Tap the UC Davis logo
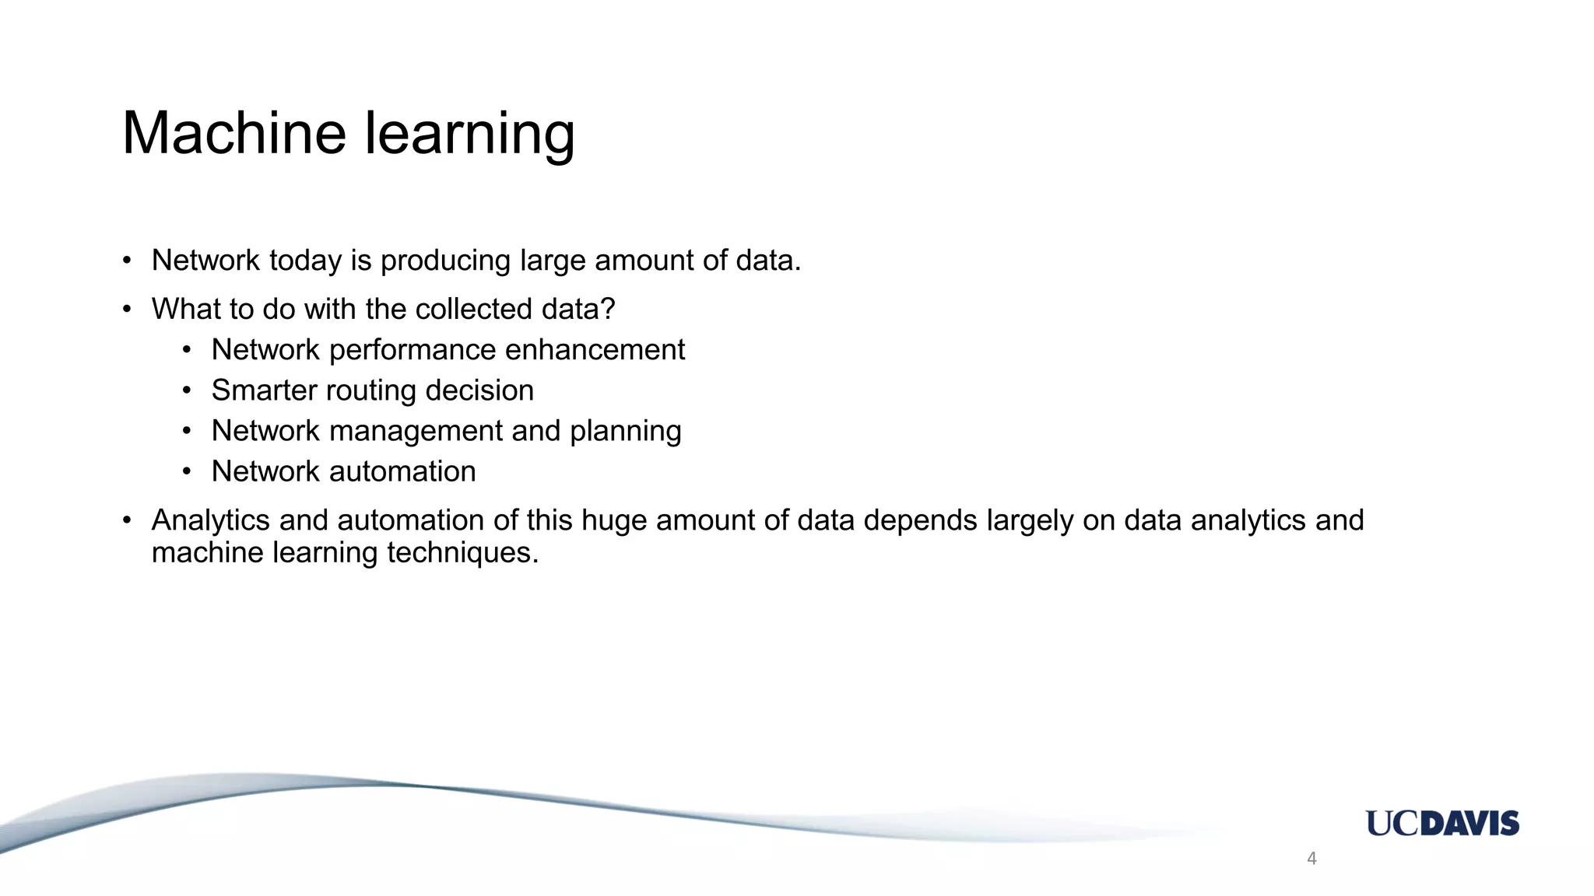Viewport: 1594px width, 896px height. pyautogui.click(x=1441, y=823)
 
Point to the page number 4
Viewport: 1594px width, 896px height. pyautogui.click(x=1311, y=859)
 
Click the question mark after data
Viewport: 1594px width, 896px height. pyautogui.click(x=609, y=309)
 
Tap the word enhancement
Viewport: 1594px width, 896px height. pyautogui.click(x=595, y=350)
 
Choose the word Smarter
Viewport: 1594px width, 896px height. pyautogui.click(x=263, y=390)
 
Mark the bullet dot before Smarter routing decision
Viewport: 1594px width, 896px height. pyautogui.click(x=187, y=391)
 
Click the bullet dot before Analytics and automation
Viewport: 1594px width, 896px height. pyautogui.click(x=127, y=520)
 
